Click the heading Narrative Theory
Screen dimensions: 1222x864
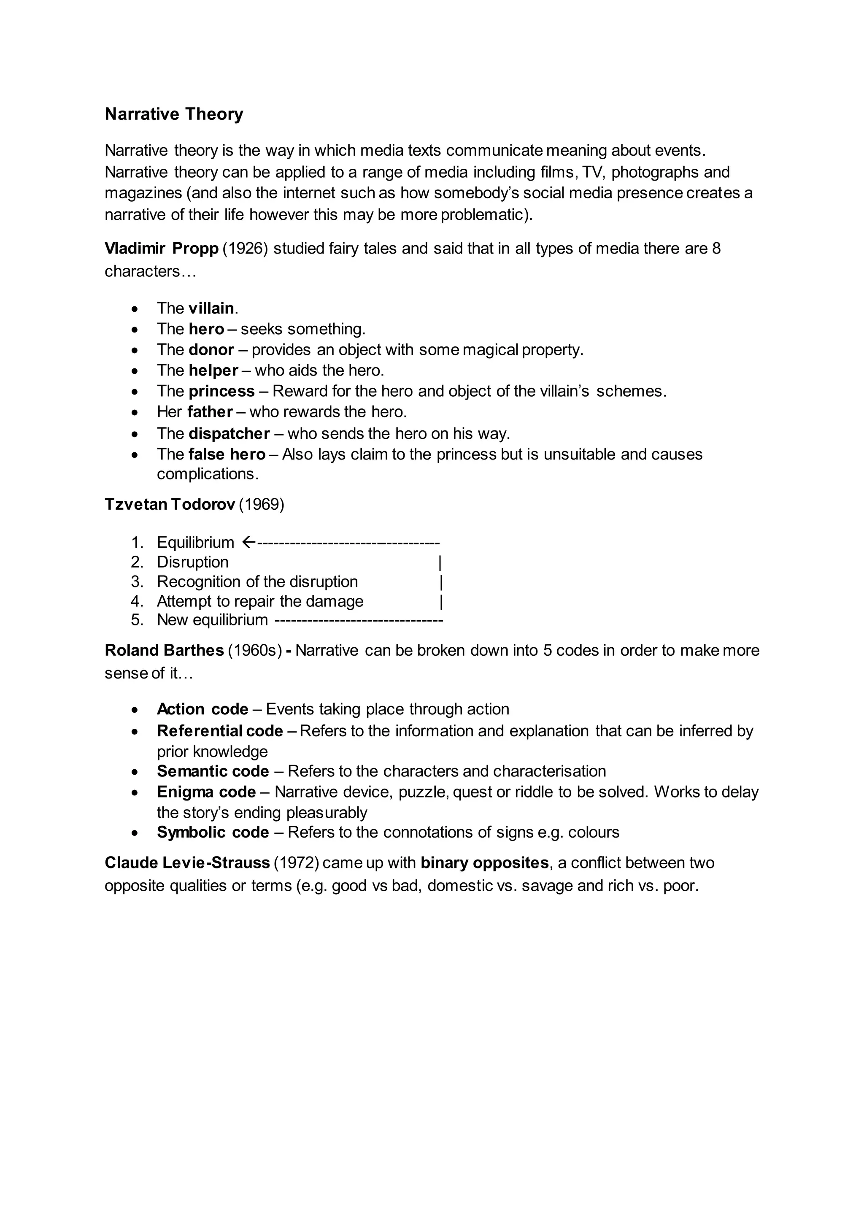tap(174, 114)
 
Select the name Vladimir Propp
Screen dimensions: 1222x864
tap(162, 249)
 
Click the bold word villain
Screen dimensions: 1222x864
tap(211, 308)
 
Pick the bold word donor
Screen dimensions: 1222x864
tap(211, 350)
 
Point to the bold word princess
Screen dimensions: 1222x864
tap(221, 391)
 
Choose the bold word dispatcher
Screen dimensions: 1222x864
tap(229, 434)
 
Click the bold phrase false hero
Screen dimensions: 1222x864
tap(227, 454)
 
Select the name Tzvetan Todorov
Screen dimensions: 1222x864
tap(170, 504)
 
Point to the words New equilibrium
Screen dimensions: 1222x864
tap(212, 620)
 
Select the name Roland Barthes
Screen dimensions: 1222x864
tap(164, 650)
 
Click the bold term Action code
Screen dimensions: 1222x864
tap(202, 709)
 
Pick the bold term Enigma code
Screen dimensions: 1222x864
tap(206, 792)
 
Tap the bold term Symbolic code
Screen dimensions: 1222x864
tap(213, 833)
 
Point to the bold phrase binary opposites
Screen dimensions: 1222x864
tap(484, 863)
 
